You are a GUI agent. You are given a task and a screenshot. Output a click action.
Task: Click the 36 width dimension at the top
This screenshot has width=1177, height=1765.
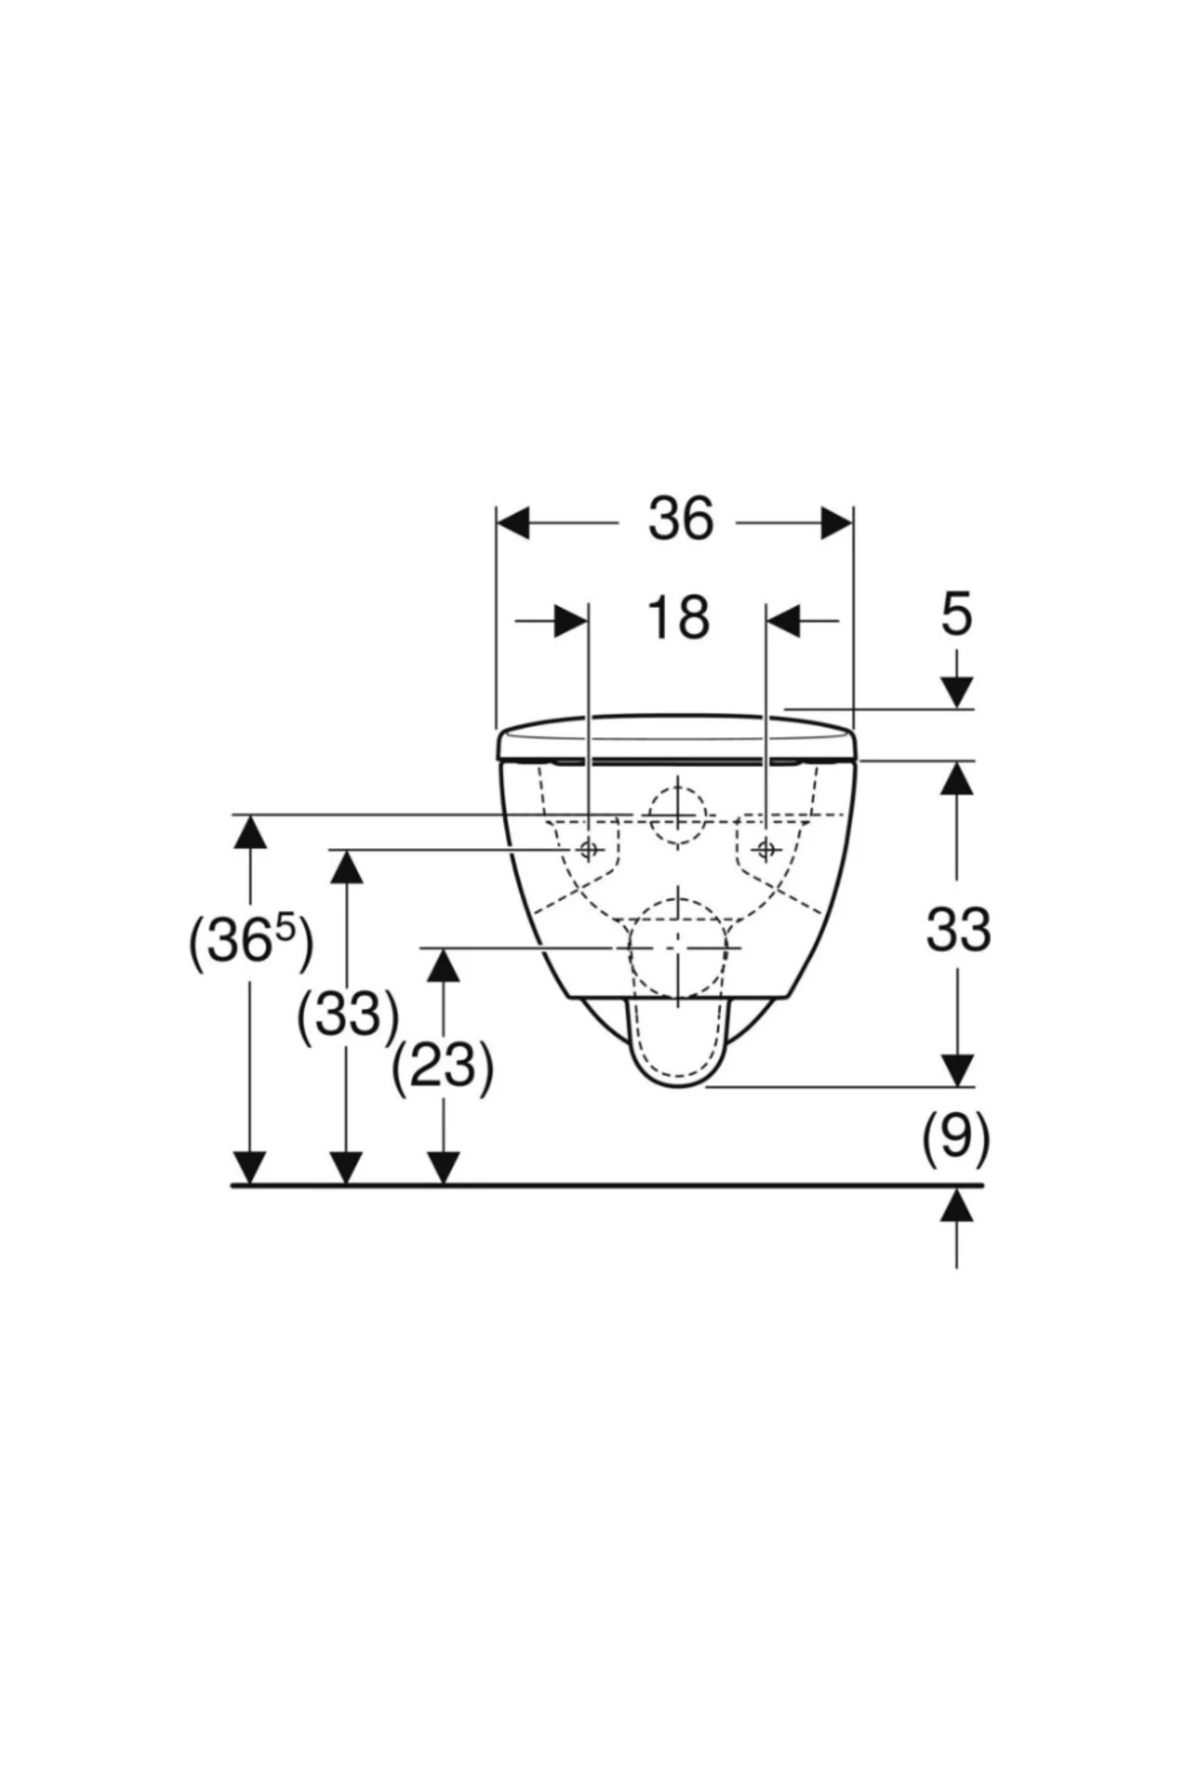click(680, 520)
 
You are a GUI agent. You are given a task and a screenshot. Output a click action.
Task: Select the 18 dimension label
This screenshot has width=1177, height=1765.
click(678, 619)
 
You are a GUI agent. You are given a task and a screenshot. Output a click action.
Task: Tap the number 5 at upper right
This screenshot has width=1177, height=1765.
click(956, 616)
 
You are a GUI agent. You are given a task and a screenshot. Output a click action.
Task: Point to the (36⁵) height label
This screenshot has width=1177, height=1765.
click(251, 942)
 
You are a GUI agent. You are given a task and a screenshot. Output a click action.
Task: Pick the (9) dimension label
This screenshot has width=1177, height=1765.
click(955, 1136)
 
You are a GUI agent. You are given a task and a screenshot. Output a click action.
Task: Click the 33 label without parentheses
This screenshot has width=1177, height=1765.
click(958, 930)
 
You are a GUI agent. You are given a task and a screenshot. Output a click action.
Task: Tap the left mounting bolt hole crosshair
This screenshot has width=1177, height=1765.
click(588, 849)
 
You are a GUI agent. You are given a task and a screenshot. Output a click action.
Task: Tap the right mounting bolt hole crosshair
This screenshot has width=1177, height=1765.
click(766, 848)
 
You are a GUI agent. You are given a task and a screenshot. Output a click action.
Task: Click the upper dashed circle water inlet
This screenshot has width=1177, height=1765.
click(677, 816)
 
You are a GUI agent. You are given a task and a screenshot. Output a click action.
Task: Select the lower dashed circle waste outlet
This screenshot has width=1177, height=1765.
click(678, 948)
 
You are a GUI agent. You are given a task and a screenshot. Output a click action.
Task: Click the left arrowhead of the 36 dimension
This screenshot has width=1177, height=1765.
click(514, 523)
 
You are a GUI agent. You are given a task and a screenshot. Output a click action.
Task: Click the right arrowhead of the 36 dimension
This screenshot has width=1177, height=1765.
click(836, 523)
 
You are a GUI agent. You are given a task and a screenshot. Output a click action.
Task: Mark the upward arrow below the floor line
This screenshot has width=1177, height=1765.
click(956, 1205)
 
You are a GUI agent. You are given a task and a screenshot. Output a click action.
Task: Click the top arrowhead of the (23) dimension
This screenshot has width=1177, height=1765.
click(443, 966)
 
